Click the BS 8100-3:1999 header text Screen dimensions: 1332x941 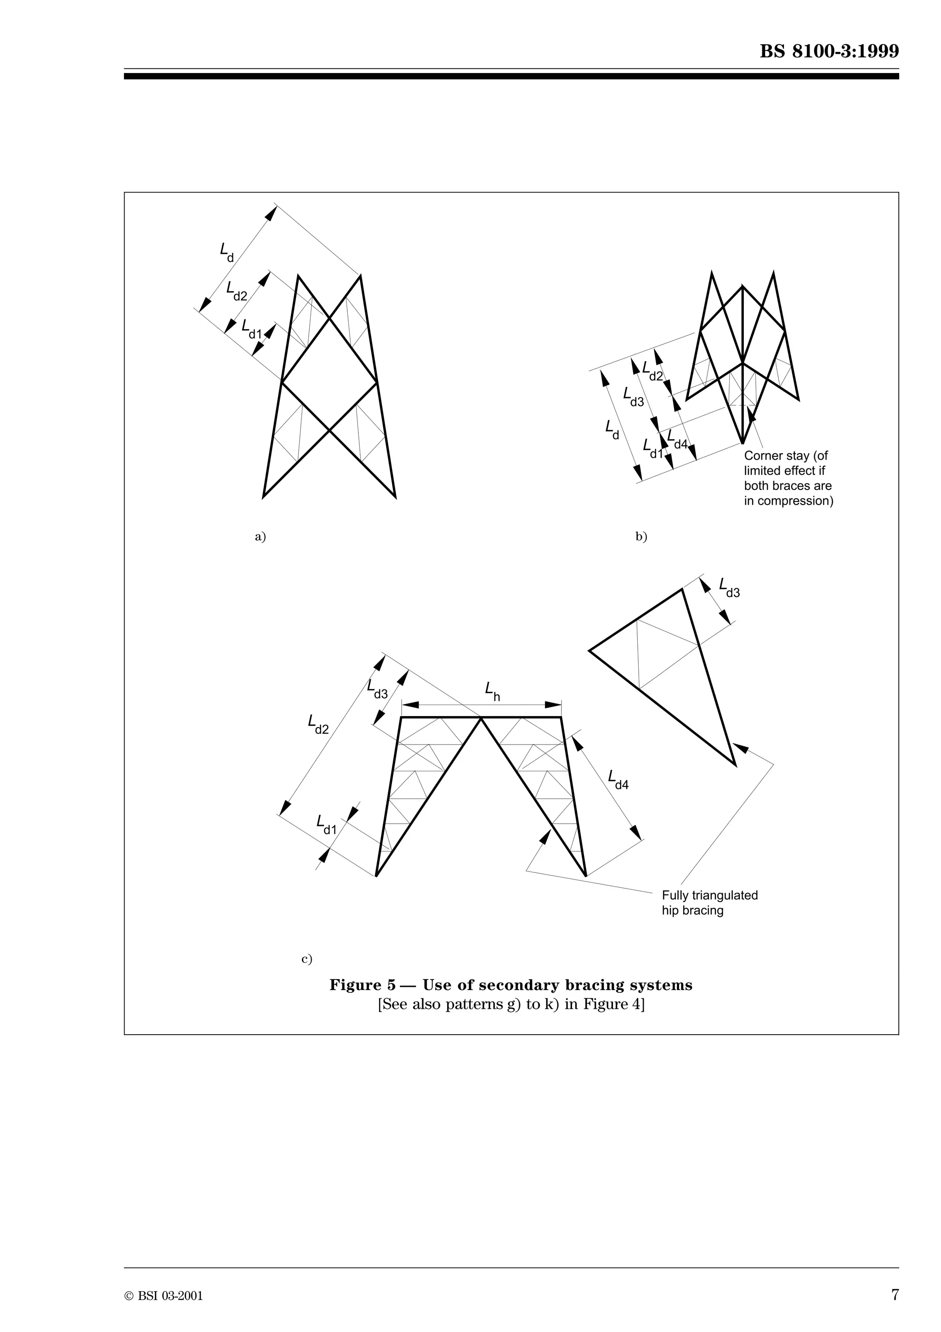829,51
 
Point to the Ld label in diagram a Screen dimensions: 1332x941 227,252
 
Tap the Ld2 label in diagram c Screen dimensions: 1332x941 317,724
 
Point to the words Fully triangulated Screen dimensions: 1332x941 710,895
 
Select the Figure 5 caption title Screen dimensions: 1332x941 511,985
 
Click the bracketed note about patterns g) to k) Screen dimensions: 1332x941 511,1005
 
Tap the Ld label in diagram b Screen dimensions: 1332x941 612,429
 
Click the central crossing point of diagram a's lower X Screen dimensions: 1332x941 329,430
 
